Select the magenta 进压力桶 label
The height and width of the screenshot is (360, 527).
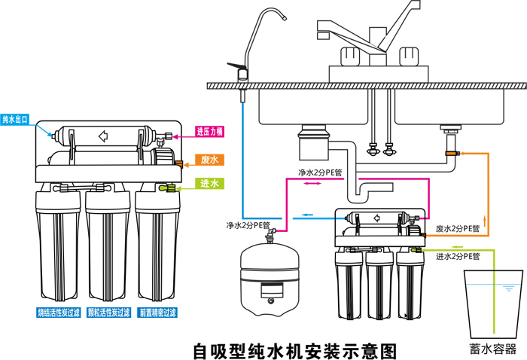click(x=209, y=132)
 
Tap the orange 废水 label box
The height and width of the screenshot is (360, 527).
click(x=209, y=160)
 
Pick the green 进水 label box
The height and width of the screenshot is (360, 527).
click(x=209, y=184)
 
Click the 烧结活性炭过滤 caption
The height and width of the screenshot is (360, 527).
click(x=57, y=312)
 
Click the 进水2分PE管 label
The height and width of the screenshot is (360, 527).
click(x=457, y=257)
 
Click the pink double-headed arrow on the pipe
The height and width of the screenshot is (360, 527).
click(x=309, y=183)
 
